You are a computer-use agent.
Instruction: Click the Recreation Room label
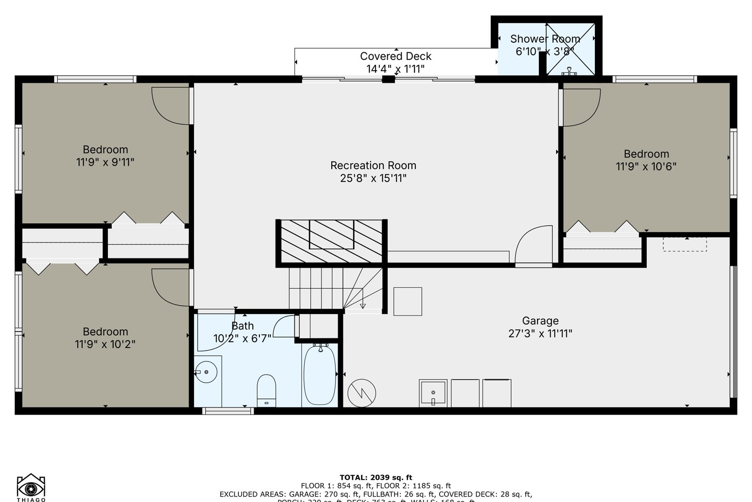pyautogui.click(x=373, y=166)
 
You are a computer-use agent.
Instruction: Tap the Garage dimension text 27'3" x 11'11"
pyautogui.click(x=540, y=333)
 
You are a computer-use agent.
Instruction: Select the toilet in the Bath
pyautogui.click(x=266, y=391)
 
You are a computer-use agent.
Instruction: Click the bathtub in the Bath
pyautogui.click(x=320, y=375)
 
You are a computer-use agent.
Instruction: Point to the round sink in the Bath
pyautogui.click(x=206, y=371)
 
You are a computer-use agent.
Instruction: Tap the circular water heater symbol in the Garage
pyautogui.click(x=362, y=393)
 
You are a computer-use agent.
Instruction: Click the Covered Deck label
pyautogui.click(x=395, y=56)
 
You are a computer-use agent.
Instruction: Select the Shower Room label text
pyautogui.click(x=545, y=39)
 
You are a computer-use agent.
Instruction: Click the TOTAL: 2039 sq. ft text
pyautogui.click(x=376, y=477)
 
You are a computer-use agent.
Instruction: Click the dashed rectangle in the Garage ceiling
pyautogui.click(x=685, y=244)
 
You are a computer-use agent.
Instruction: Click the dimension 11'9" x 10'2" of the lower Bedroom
pyautogui.click(x=105, y=344)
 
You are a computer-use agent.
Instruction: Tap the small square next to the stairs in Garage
pyautogui.click(x=407, y=301)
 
